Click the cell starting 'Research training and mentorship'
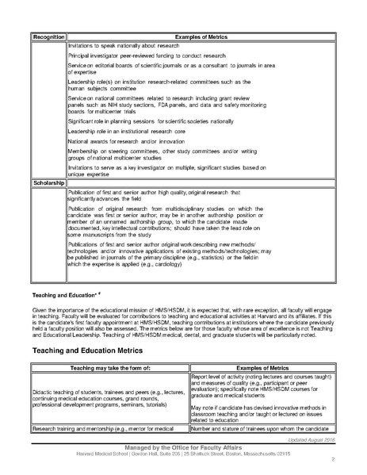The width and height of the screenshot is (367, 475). [x=108, y=428]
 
